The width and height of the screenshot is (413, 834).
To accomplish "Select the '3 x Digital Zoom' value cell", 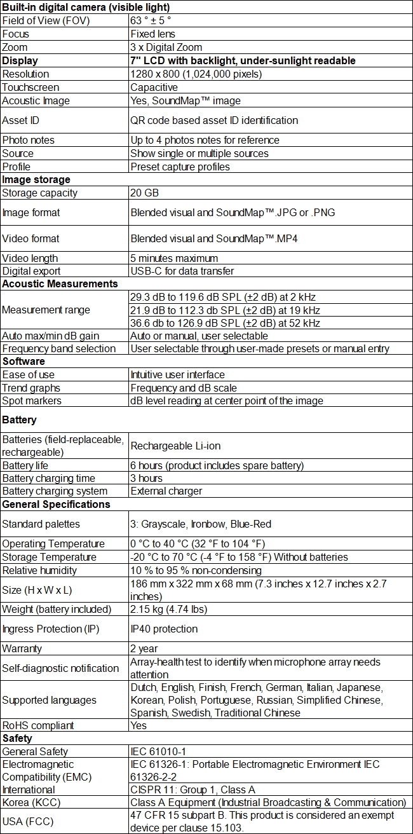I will coord(166,47).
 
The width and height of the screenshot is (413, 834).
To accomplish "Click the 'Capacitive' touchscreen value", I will coord(154,87).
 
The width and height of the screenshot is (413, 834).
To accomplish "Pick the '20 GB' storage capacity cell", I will coord(144,193).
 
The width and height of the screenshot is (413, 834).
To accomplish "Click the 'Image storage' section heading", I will coord(36,180).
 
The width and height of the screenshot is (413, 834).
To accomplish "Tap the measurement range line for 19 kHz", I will coord(225,310).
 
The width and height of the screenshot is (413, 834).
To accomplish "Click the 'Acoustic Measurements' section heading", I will coord(60,284).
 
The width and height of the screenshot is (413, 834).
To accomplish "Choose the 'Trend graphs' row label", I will coord(31,388).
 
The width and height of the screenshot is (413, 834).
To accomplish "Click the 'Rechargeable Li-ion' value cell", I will coord(175,446).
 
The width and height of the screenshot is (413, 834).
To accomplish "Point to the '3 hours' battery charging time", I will coord(146,478).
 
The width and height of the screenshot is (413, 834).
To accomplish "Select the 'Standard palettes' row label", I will coord(41,524).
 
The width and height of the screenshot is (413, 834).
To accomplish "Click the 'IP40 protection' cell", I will coord(164,629).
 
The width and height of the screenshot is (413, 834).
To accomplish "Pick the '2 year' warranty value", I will coord(144,648).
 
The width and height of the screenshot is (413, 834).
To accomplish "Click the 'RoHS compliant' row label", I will coord(38,725).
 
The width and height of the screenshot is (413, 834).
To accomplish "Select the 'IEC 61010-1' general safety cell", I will coord(159,752).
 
